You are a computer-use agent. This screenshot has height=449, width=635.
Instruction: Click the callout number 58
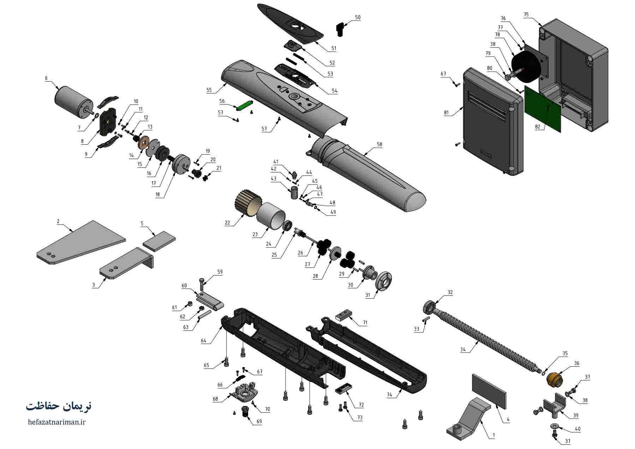tap(379, 144)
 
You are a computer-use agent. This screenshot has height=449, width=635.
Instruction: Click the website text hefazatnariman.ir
tap(56, 421)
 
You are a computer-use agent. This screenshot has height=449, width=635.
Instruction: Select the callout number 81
tap(447, 113)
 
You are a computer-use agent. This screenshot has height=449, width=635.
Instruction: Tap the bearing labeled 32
tap(429, 307)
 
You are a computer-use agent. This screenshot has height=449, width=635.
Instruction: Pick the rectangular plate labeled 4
tap(489, 389)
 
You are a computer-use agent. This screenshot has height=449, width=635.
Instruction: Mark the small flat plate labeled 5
tap(159, 241)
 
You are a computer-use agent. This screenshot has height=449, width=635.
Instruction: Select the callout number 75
tap(526, 15)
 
